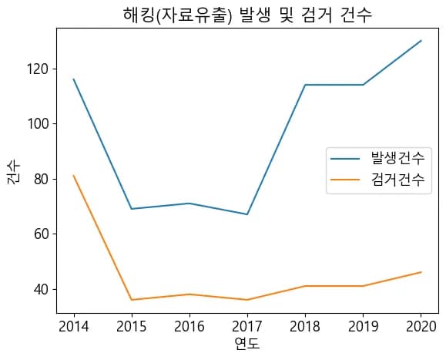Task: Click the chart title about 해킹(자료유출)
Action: (x=247, y=15)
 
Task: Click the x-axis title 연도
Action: (x=247, y=343)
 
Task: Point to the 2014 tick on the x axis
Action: (x=74, y=326)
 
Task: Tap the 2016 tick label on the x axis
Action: (x=189, y=326)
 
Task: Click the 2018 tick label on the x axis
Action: (x=305, y=326)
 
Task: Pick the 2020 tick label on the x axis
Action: (x=421, y=326)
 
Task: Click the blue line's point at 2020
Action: (x=421, y=41)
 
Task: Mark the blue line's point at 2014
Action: (x=74, y=79)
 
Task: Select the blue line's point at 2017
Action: (x=247, y=214)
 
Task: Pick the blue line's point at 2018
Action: (x=305, y=85)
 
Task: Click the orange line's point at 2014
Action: (x=74, y=176)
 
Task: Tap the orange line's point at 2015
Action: (x=132, y=300)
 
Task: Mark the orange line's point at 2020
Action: (x=421, y=272)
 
